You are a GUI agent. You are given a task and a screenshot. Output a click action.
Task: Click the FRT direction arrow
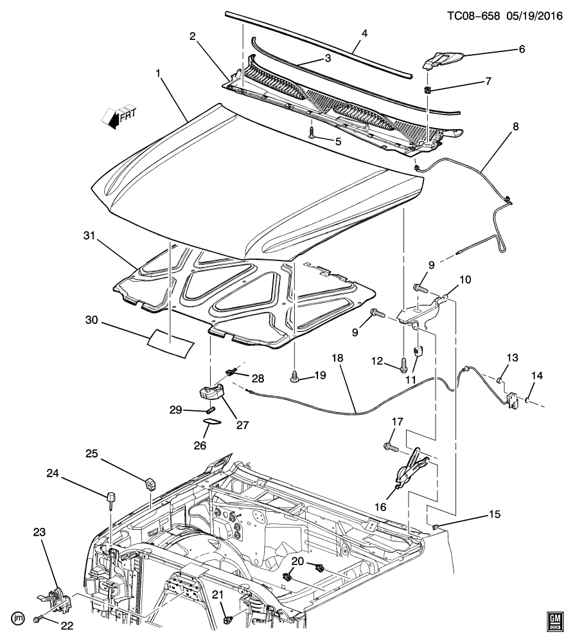[x=119, y=118]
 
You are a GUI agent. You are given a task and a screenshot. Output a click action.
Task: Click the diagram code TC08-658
[x=473, y=16]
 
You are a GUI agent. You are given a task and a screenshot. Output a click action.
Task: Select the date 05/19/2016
[x=535, y=16]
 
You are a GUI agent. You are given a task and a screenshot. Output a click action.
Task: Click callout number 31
[x=89, y=236]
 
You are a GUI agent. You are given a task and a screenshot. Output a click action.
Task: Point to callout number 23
[x=39, y=532]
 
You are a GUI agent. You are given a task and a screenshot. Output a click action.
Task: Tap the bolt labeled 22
[x=38, y=618]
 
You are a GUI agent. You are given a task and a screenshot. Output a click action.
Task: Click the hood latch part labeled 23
[x=55, y=599]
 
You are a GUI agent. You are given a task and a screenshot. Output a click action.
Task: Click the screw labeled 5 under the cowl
[x=312, y=133]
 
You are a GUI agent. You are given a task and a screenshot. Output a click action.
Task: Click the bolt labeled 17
[x=391, y=447]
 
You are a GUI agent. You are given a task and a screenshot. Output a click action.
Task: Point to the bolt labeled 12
[x=404, y=365]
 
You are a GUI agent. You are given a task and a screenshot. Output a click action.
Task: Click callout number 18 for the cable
[x=337, y=358]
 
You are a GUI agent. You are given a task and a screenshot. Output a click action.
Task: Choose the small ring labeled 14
[x=528, y=399]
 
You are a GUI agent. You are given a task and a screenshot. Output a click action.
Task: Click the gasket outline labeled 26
[x=212, y=422]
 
